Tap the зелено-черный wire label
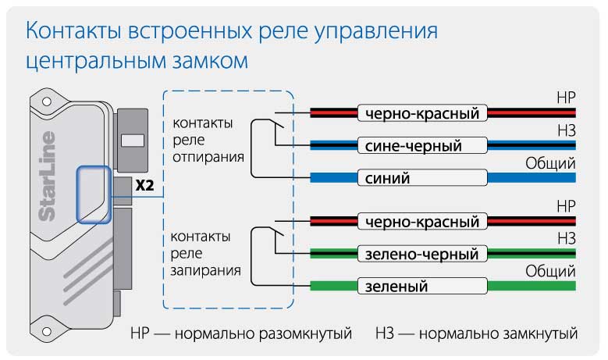pos(422,254)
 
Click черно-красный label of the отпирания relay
pos(422,114)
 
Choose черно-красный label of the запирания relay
pos(422,222)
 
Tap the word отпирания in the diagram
pos(206,157)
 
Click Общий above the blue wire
pos(550,163)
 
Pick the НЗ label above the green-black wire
pos(564,238)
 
